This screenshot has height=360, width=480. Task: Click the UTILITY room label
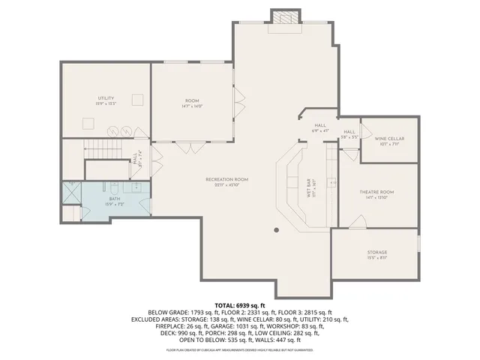[x=105, y=98]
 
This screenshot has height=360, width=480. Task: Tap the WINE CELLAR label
[x=389, y=139]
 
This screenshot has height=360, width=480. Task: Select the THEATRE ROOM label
[x=377, y=191]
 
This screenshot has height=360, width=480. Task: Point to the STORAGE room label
[x=377, y=252]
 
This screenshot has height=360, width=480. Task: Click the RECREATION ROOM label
[x=227, y=179]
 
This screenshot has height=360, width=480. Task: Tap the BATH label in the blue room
[x=114, y=199]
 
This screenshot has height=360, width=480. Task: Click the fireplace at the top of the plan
[x=283, y=18]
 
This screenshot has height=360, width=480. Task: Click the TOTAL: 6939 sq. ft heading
[x=240, y=306]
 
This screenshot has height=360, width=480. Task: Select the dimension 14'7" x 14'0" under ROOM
[x=192, y=106]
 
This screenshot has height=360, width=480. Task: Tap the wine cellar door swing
[x=366, y=131]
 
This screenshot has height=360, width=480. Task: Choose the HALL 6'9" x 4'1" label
[x=320, y=128]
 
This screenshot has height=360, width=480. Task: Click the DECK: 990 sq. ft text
[x=177, y=332]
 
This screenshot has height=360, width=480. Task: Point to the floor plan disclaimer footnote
[x=240, y=349]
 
